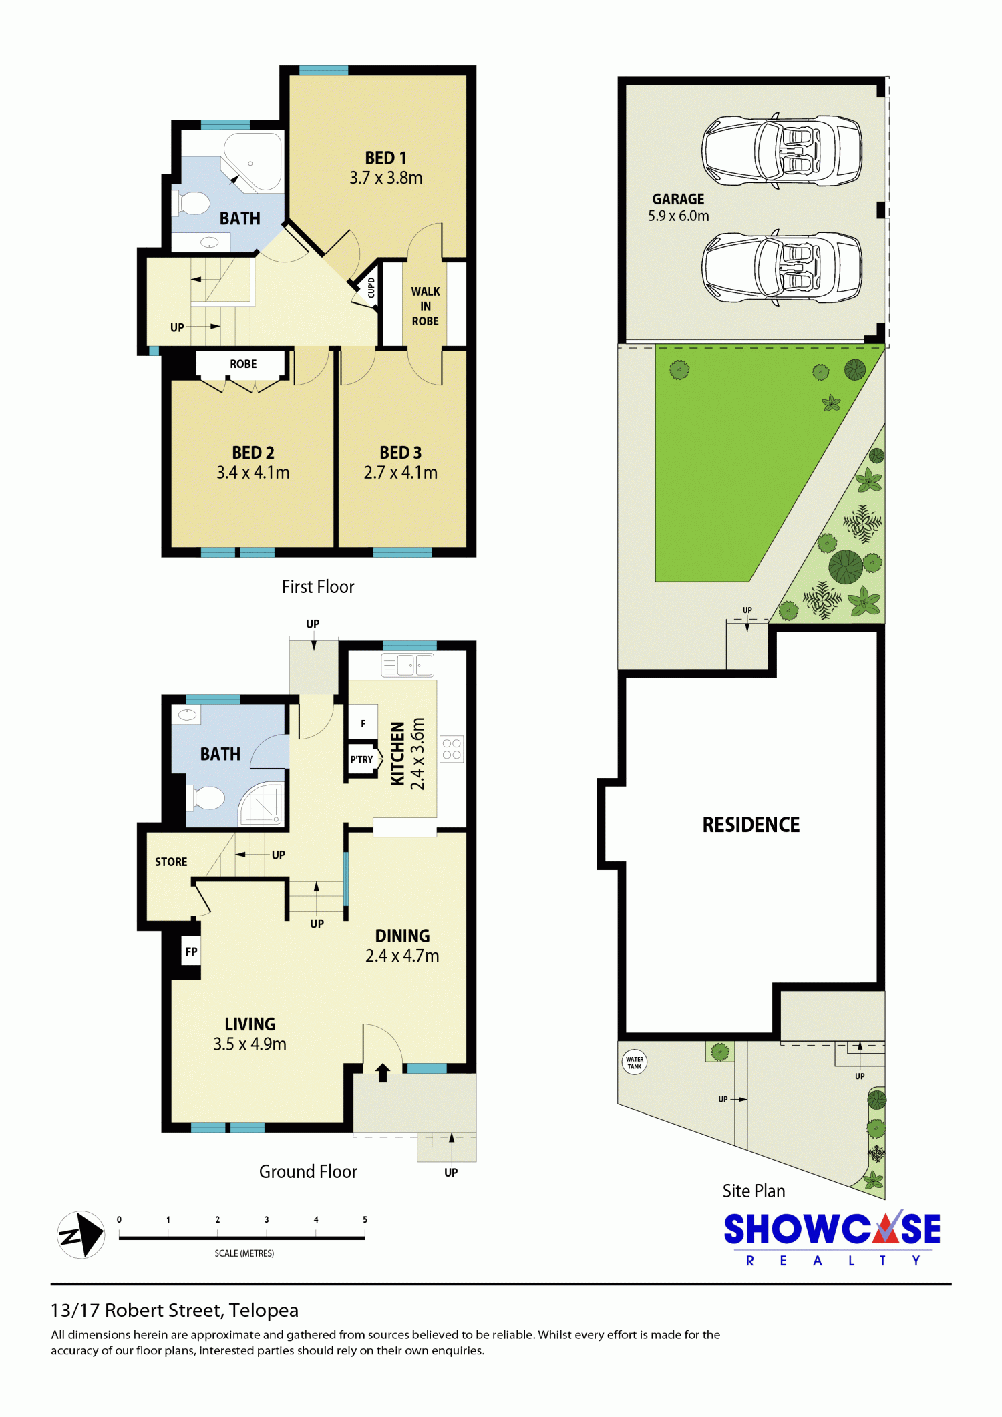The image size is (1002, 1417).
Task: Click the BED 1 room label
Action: [x=385, y=158]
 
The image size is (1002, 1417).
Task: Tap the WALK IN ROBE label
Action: [x=426, y=307]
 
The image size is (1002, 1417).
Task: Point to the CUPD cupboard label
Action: [x=371, y=288]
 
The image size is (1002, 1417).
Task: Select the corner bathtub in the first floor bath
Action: [x=253, y=161]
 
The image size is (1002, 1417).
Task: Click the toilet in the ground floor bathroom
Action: [x=207, y=797]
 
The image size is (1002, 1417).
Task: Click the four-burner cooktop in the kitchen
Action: [x=452, y=749]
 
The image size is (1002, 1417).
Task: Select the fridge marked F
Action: [x=363, y=723]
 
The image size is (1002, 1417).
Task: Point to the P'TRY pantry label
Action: [x=361, y=759]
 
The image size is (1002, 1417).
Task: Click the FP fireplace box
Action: [x=192, y=952]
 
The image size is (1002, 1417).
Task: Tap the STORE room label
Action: [x=171, y=862]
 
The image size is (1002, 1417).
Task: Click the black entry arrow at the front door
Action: [x=383, y=1072]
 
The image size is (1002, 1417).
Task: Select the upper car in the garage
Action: [x=782, y=150]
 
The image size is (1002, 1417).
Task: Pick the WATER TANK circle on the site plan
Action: [x=635, y=1062]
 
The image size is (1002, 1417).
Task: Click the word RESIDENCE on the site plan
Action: [x=751, y=825]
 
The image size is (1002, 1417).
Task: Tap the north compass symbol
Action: [x=81, y=1235]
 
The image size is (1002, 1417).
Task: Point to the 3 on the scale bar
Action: [x=267, y=1219]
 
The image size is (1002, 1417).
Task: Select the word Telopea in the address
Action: [x=264, y=1311]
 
